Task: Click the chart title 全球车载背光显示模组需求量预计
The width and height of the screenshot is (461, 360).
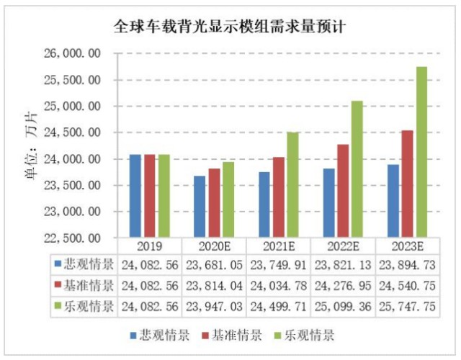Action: pyautogui.click(x=229, y=27)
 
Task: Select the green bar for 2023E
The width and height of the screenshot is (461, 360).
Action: pyautogui.click(x=421, y=152)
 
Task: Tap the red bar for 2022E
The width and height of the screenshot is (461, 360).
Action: pyautogui.click(x=343, y=191)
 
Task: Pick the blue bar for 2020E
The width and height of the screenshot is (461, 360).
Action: pyautogui.click(x=200, y=207)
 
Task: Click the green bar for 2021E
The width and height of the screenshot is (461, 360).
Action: pyautogui.click(x=293, y=184)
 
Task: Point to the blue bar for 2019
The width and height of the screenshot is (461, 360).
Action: pyautogui.click(x=135, y=196)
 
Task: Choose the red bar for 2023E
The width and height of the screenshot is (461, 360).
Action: pyautogui.click(x=407, y=184)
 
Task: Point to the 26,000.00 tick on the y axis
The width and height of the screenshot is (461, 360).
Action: pyautogui.click(x=72, y=53)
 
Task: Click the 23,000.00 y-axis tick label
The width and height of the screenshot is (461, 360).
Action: pyautogui.click(x=72, y=212)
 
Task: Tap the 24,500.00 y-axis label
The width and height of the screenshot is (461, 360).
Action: pyautogui.click(x=72, y=132)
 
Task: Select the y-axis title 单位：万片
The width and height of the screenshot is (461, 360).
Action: pyautogui.click(x=32, y=145)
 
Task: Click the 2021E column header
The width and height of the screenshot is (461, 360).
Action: pyautogui.click(x=279, y=246)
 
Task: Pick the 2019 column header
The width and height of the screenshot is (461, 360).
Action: pyautogui.click(x=150, y=246)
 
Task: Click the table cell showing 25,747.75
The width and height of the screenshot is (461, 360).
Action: pyautogui.click(x=407, y=307)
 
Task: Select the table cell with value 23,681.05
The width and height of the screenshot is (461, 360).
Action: pyautogui.click(x=214, y=265)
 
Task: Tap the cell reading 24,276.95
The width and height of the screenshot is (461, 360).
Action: pyautogui.click(x=343, y=286)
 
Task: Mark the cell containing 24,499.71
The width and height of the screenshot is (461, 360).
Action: pyautogui.click(x=279, y=307)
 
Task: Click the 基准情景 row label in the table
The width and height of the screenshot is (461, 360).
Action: pyautogui.click(x=84, y=285)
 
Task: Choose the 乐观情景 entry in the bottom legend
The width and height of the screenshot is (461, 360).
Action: pyautogui.click(x=305, y=335)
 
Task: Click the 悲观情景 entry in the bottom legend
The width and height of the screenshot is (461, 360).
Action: pyautogui.click(x=160, y=335)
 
